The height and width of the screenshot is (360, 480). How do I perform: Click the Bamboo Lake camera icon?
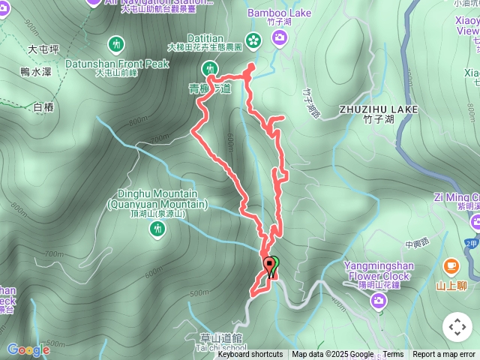click(280, 37)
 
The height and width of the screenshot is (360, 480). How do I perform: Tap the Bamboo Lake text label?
click(280, 13)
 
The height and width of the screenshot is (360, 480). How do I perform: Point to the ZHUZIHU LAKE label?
click(377, 109)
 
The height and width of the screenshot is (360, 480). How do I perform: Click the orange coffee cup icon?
click(451, 266)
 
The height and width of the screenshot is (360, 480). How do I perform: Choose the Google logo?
click(28, 349)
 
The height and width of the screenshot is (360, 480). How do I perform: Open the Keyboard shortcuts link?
click(250, 355)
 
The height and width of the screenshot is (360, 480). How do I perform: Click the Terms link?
click(393, 355)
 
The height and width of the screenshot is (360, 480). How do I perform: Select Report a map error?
click(444, 355)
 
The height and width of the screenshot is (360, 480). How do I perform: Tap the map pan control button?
click(457, 327)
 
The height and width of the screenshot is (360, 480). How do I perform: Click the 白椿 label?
click(44, 107)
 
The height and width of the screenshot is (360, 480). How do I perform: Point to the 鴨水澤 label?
click(36, 71)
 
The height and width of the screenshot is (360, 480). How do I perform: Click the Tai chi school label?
click(225, 348)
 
